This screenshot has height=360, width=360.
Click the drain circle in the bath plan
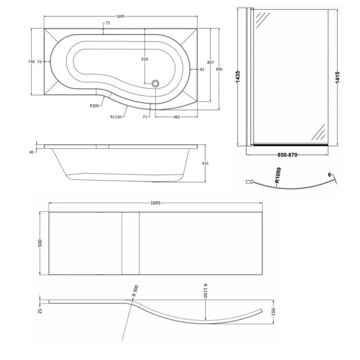click(155, 83)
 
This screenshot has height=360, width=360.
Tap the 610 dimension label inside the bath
click(144, 59)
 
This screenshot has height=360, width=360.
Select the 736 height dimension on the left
click(31, 61)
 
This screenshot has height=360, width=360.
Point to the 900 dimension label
click(219, 69)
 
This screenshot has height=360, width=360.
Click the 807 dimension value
click(210, 62)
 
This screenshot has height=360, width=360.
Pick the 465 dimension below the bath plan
click(176, 117)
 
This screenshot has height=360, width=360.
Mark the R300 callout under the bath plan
click(94, 106)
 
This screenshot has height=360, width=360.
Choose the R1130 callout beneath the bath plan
click(116, 117)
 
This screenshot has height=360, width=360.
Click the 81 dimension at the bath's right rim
click(202, 69)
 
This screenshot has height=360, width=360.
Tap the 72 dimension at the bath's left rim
click(39, 61)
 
